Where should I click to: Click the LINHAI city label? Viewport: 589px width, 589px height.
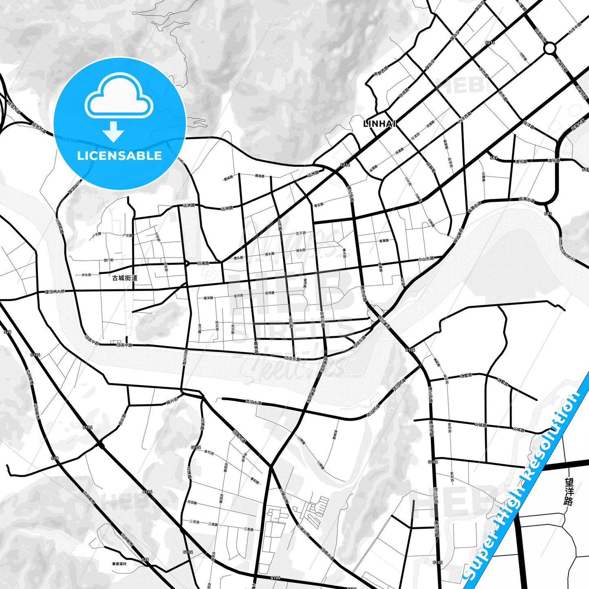pyautogui.click(x=379, y=124)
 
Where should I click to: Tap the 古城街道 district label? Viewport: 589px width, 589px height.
pyautogui.click(x=125, y=278)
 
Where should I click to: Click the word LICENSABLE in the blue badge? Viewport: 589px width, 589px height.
pyautogui.click(x=119, y=155)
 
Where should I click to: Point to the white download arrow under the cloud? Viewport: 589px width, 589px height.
pyautogui.click(x=113, y=132)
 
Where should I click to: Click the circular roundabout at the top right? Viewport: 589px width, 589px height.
pyautogui.click(x=549, y=49)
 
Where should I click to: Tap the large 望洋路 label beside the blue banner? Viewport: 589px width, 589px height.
pyautogui.click(x=569, y=492)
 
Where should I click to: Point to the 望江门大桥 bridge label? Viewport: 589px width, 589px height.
pyautogui.click(x=55, y=291)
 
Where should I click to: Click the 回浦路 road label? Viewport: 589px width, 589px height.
pyautogui.click(x=203, y=263)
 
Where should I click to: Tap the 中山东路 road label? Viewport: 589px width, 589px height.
pyautogui.click(x=426, y=259)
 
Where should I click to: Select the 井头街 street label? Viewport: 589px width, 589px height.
pyautogui.click(x=86, y=275)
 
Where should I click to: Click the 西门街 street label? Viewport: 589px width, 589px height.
pyautogui.click(x=108, y=260)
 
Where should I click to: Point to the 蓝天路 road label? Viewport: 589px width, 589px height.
pyautogui.click(x=301, y=233)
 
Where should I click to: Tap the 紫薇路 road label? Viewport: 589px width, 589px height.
pyautogui.click(x=384, y=240)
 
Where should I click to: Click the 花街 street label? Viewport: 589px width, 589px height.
pyautogui.click(x=403, y=282)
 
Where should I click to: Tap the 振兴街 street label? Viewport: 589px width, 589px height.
pyautogui.click(x=172, y=400)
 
